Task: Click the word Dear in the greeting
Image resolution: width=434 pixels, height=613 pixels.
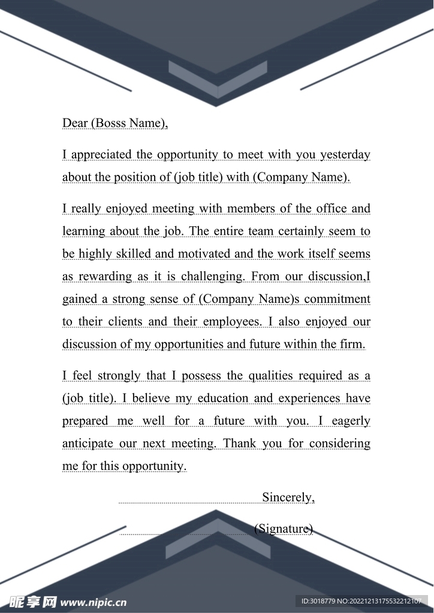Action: tap(75, 123)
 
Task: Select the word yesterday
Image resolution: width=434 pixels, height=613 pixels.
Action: tap(345, 155)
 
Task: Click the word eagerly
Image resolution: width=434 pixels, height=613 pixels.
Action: tap(351, 421)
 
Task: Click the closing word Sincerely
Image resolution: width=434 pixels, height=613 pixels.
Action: tap(288, 497)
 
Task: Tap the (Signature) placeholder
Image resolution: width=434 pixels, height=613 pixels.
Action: tap(284, 529)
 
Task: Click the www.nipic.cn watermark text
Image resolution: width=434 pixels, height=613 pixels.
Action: tap(94, 601)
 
